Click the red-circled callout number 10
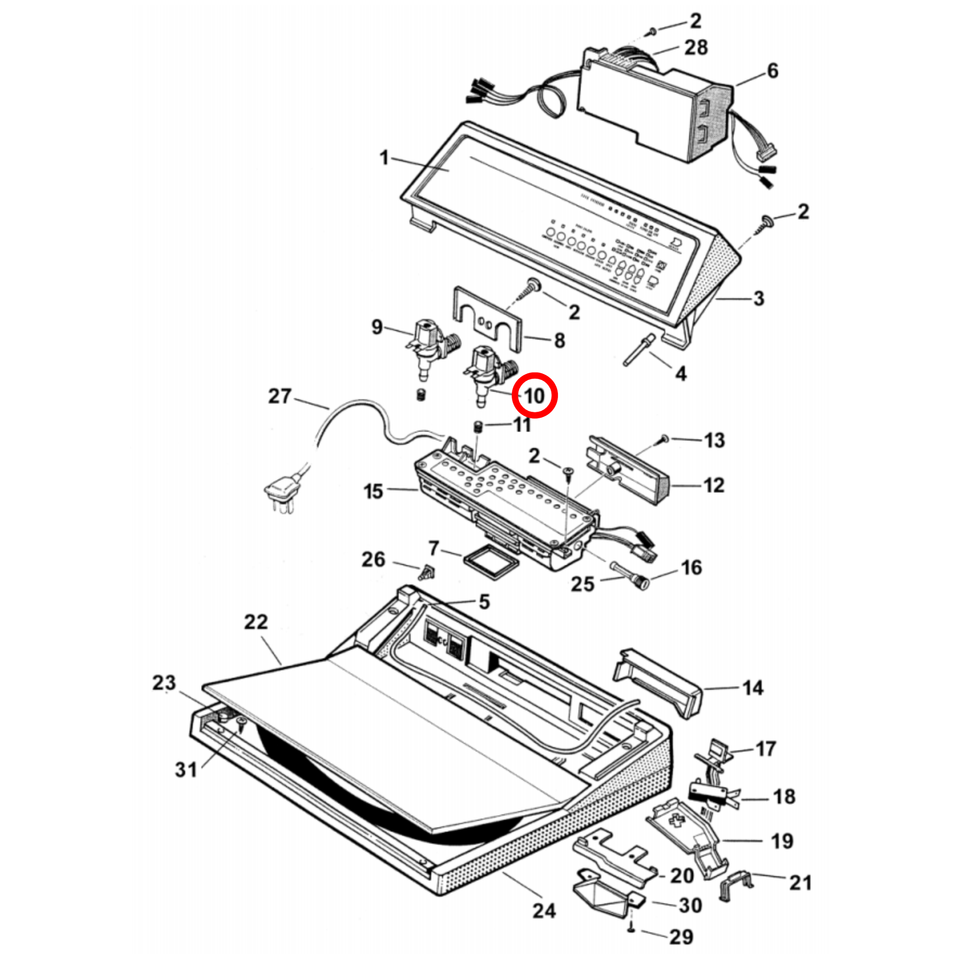535,396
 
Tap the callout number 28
696,48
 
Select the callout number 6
773,70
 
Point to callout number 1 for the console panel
384,158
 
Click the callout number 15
373,491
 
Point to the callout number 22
256,621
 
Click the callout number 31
186,769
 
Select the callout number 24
544,910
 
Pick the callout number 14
753,687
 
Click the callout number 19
782,840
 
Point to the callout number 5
484,602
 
